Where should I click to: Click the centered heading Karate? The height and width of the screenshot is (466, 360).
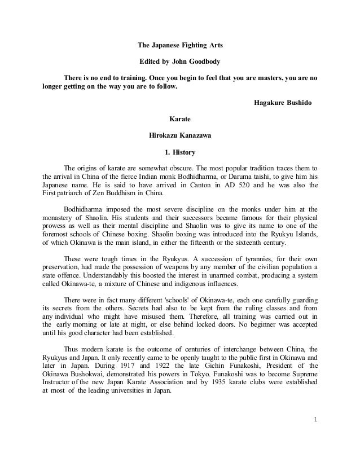point(180,120)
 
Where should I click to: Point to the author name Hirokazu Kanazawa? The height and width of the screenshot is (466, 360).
point(180,136)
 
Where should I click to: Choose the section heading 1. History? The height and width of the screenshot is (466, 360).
point(179,152)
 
